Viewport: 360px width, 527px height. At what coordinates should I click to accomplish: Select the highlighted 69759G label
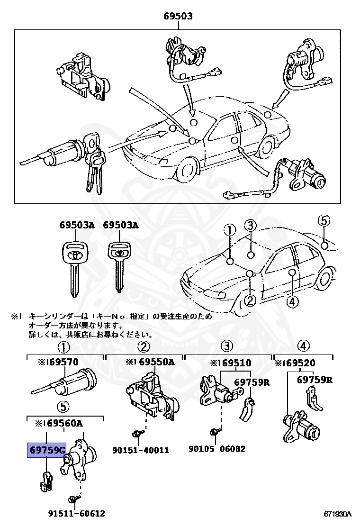click(46, 450)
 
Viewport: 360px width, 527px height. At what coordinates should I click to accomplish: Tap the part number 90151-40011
click(141, 450)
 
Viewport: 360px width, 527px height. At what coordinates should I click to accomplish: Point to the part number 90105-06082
click(217, 448)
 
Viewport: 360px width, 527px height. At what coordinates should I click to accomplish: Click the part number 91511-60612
click(76, 513)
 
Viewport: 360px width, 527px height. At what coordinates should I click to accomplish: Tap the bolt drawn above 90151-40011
click(135, 433)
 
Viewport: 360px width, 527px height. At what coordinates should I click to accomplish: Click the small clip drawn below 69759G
click(46, 480)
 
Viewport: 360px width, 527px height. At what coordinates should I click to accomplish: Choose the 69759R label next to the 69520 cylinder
click(315, 379)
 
